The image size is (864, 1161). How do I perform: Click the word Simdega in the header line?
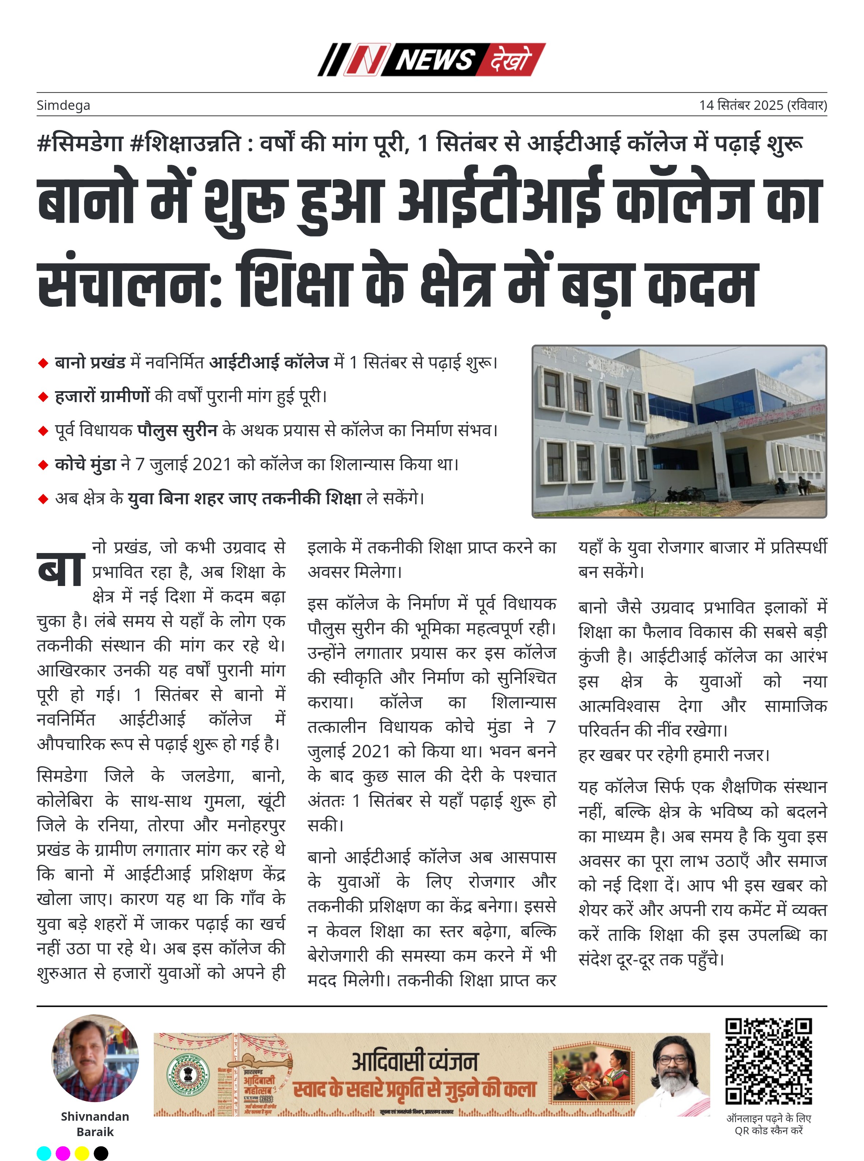pyautogui.click(x=63, y=105)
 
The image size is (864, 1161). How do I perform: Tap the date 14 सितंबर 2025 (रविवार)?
pyautogui.click(x=763, y=105)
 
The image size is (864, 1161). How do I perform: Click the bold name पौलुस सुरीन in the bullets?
pyautogui.click(x=177, y=430)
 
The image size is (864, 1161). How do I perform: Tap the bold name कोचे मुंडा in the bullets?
pyautogui.click(x=85, y=464)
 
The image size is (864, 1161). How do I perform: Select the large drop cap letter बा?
pyautogui.click(x=61, y=569)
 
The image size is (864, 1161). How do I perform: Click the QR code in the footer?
pyautogui.click(x=768, y=1061)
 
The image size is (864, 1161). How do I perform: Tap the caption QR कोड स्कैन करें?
pyautogui.click(x=768, y=1130)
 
